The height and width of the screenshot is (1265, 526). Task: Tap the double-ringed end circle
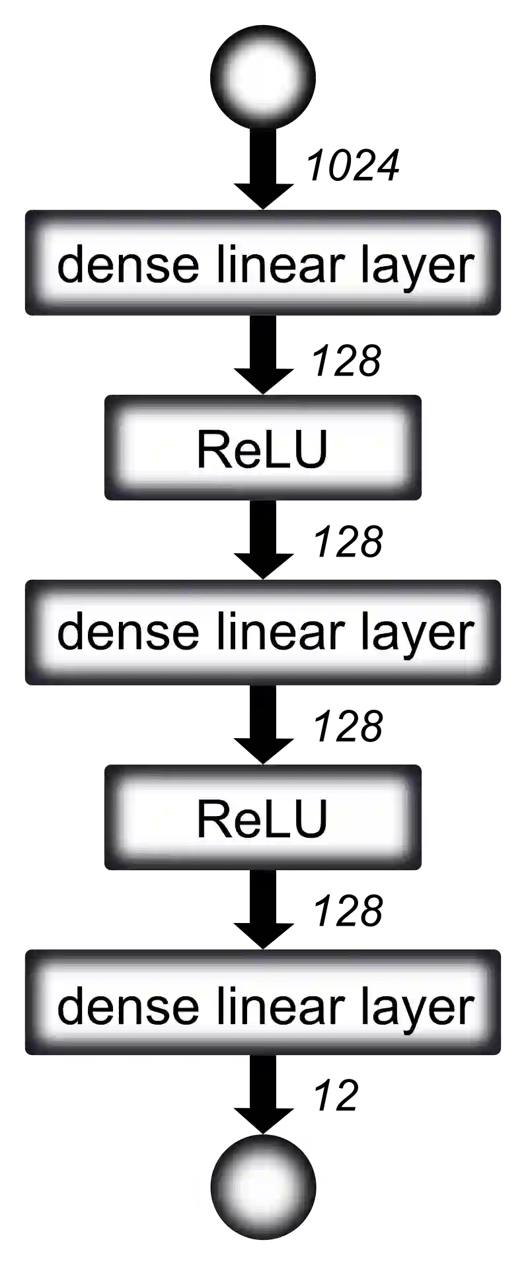262,1186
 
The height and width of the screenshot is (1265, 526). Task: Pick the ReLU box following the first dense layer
262,449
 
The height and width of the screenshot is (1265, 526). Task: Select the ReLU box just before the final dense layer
262,819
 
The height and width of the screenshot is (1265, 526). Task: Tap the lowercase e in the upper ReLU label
244,454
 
